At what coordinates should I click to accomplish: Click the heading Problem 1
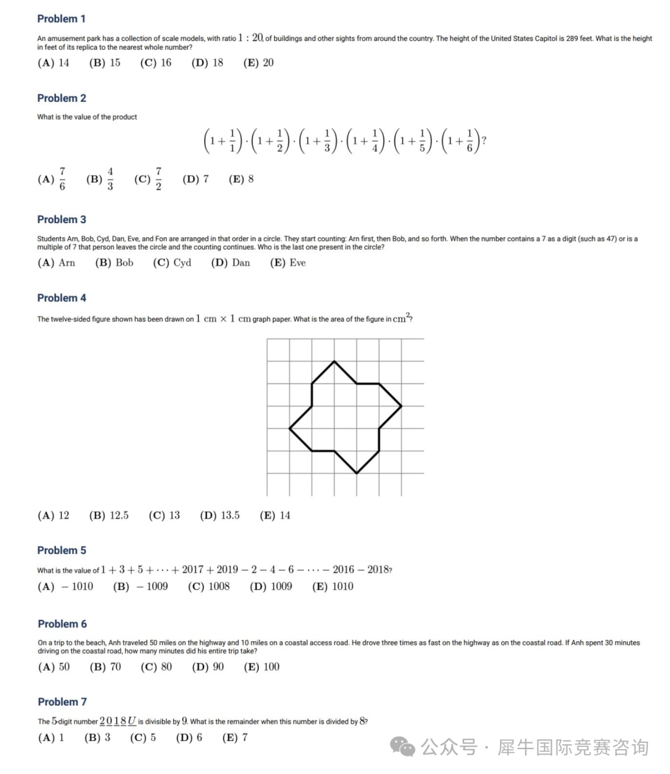(61, 19)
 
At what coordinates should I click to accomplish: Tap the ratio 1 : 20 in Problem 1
(251, 38)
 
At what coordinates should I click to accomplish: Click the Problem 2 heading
(61, 98)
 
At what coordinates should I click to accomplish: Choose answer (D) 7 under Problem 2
(195, 180)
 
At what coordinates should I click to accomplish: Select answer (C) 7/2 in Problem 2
(148, 180)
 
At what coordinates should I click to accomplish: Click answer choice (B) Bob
(114, 263)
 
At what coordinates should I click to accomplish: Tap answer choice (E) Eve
(288, 263)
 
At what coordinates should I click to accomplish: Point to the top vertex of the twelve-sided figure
(334, 361)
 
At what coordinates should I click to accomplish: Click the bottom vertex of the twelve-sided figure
(357, 473)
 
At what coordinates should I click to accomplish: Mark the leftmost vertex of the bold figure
(290, 428)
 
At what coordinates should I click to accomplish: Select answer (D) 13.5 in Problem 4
(220, 516)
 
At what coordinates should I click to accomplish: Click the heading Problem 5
(61, 550)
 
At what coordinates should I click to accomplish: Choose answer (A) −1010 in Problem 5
(65, 586)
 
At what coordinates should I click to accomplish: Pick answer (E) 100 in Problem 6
(261, 667)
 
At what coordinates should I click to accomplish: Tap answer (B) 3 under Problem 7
(97, 738)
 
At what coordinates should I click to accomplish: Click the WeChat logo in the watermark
(404, 747)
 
